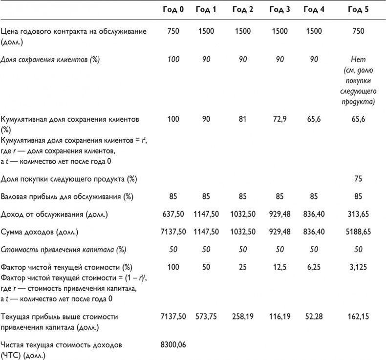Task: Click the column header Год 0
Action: (x=173, y=10)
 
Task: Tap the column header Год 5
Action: (x=358, y=10)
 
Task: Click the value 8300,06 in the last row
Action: (x=173, y=345)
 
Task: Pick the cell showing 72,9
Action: (x=279, y=119)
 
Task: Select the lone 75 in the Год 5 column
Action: (x=358, y=179)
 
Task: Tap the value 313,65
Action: (x=358, y=214)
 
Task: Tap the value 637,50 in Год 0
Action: (x=173, y=214)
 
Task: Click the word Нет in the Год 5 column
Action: (x=358, y=60)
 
